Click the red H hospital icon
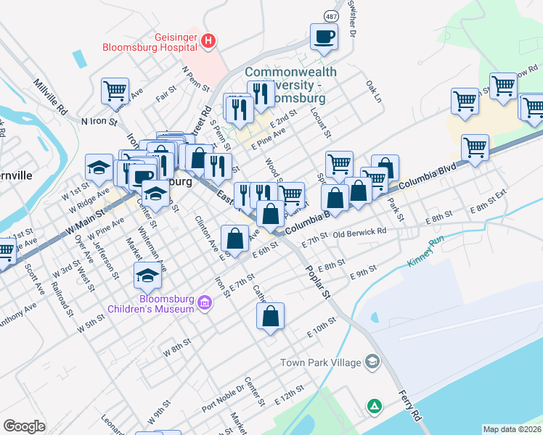click(208, 41)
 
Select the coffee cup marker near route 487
click(324, 36)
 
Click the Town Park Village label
click(322, 362)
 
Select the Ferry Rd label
click(409, 406)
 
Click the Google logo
click(24, 426)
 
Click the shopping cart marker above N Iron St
click(115, 91)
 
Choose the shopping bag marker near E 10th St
click(270, 316)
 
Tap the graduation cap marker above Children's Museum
click(147, 275)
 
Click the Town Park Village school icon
click(372, 361)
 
